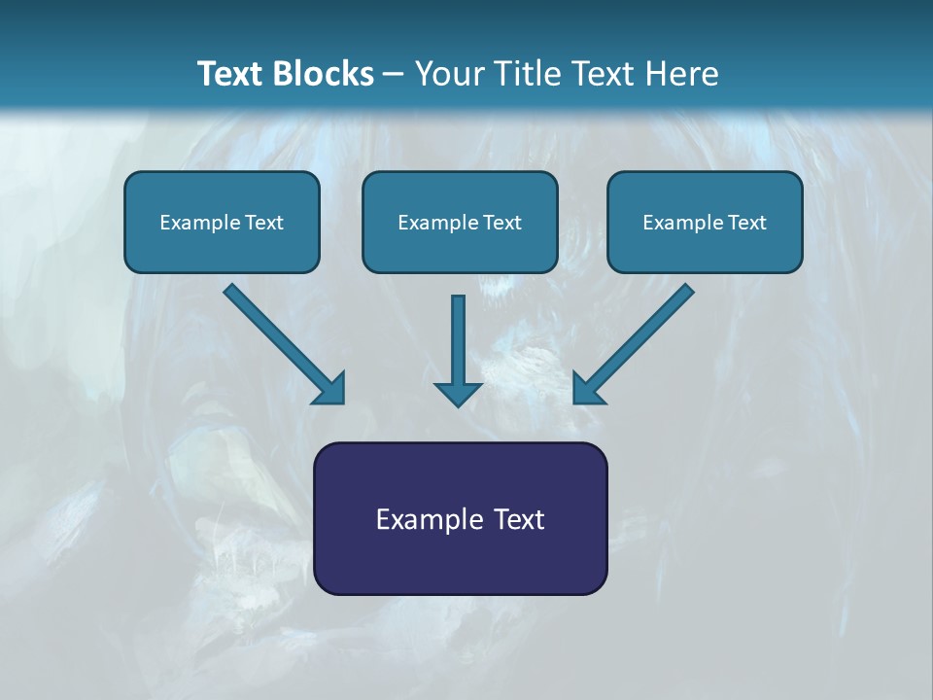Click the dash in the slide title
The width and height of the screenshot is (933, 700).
[x=394, y=75]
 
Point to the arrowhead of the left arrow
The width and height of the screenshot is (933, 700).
[x=330, y=388]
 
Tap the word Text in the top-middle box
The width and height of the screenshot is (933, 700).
[x=501, y=223]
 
